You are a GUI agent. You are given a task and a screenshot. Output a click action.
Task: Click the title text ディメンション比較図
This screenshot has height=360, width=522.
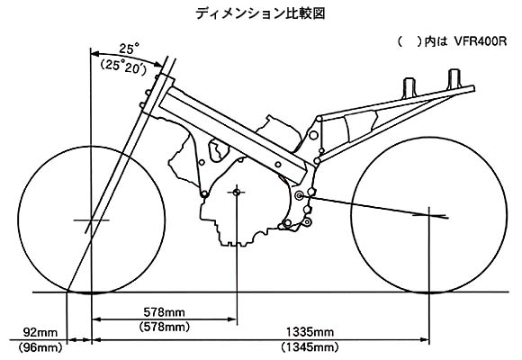[x=260, y=13]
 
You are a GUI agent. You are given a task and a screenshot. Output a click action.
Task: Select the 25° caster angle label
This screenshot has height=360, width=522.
[x=127, y=49]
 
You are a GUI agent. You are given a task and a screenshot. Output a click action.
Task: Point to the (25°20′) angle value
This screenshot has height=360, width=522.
[x=123, y=67]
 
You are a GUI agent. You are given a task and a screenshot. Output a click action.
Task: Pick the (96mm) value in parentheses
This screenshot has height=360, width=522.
[x=40, y=348]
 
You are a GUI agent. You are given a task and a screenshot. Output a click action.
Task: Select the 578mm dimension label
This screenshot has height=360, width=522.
[x=164, y=312]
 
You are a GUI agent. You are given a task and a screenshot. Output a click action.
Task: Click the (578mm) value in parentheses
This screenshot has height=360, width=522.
[x=165, y=327]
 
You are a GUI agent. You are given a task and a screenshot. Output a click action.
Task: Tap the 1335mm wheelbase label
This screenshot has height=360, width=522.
[x=310, y=332]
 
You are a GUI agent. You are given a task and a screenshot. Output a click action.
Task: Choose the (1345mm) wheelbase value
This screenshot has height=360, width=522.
[x=310, y=347]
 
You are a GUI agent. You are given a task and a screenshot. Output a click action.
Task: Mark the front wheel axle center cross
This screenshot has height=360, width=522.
[x=91, y=220]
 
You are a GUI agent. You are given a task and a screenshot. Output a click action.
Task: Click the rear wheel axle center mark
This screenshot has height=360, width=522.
[x=429, y=215]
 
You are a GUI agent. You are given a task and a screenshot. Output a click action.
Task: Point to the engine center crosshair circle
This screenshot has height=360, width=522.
[x=237, y=193]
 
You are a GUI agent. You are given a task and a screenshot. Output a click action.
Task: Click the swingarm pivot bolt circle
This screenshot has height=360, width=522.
[x=299, y=195]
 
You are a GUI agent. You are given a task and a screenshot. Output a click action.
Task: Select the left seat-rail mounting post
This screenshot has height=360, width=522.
[x=409, y=87]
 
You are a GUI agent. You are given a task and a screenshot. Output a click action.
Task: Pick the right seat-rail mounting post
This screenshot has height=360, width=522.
[x=454, y=79]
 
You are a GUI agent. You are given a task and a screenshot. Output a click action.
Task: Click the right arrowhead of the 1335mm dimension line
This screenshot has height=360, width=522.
[x=425, y=340]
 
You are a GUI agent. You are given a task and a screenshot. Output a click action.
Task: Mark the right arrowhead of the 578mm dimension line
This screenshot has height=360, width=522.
[x=232, y=319]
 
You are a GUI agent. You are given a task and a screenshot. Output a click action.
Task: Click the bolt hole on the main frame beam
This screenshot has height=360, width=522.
[x=277, y=164]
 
